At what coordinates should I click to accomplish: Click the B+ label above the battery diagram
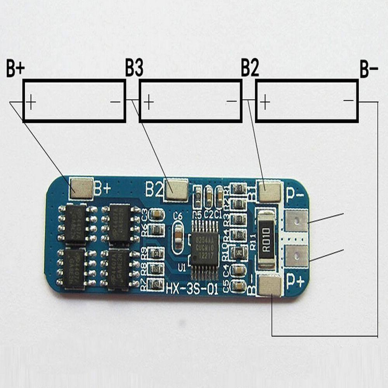16,68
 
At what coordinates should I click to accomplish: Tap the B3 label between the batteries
134,68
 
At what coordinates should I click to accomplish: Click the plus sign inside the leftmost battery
31,102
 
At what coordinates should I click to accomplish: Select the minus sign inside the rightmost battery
348,100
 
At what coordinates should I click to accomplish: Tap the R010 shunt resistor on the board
266,239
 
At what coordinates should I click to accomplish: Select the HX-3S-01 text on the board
192,289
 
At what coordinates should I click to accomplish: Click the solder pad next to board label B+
81,188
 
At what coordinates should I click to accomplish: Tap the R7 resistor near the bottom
156,284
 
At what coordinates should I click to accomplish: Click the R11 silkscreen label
253,241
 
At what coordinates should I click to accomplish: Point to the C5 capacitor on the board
239,286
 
